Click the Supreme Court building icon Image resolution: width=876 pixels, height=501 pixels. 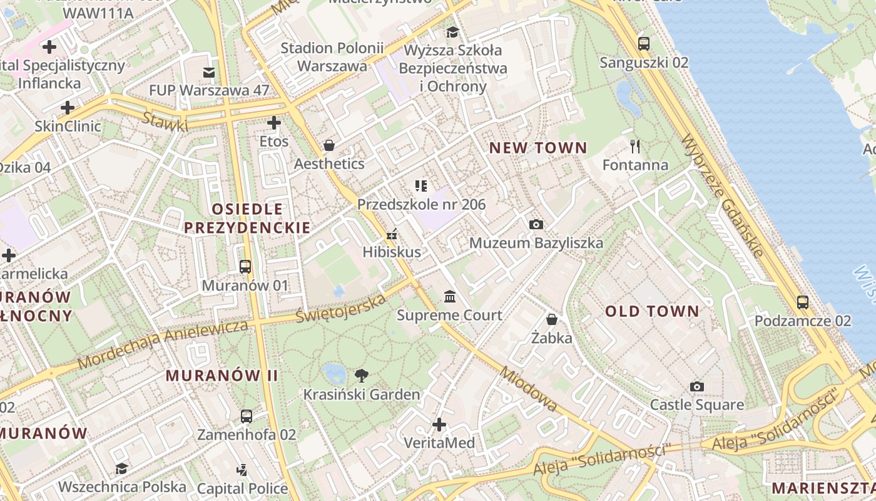point(449,296)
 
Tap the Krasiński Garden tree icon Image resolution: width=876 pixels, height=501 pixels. point(361,376)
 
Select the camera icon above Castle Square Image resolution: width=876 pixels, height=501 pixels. point(696,386)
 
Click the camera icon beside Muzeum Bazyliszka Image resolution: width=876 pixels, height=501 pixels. point(536,224)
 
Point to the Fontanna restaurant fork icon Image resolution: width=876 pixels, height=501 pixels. point(635,147)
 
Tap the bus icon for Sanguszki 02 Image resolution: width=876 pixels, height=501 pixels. point(643,44)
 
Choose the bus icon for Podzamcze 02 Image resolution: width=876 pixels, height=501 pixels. point(802,302)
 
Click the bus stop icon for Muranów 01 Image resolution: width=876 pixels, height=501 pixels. point(245,267)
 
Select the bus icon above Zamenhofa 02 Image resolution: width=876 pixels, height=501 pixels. point(247,416)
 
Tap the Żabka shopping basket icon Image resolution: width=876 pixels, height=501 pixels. point(551,319)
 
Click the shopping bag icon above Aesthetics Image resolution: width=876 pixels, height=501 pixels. point(328,145)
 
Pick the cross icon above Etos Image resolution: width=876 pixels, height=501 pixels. point(273,123)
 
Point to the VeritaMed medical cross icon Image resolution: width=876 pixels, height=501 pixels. point(439,425)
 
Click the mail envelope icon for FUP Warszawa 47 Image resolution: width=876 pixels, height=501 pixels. point(209,73)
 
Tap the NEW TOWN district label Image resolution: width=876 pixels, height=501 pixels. point(538,148)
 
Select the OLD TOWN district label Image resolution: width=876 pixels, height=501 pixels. point(652,311)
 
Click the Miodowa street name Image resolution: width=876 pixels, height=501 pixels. point(529,388)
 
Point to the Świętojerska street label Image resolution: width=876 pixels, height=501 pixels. point(341,309)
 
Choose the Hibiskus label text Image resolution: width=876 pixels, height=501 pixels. point(392,252)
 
